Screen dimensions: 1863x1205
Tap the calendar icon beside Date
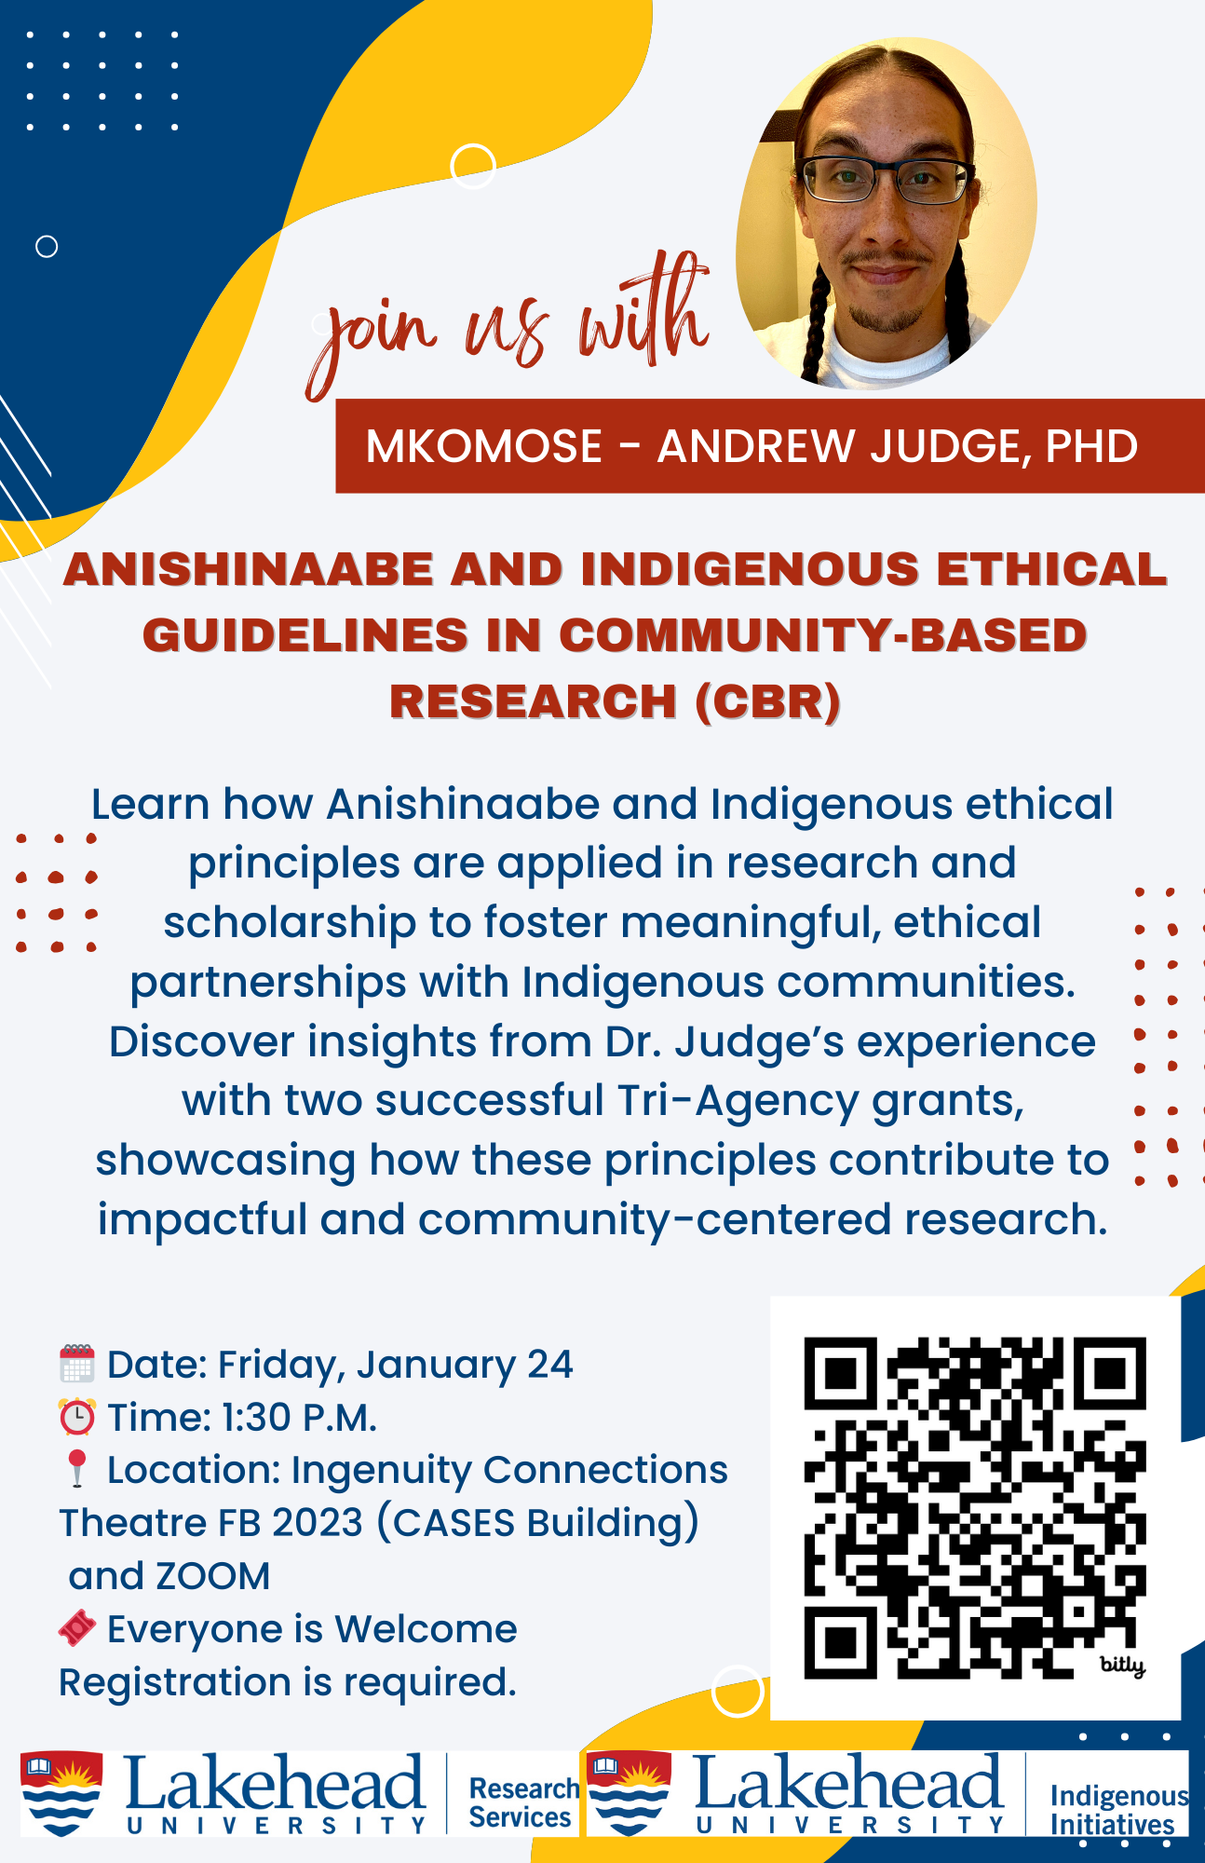click(77, 1364)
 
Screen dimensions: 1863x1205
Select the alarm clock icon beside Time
click(77, 1417)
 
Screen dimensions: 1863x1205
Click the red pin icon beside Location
click(77, 1468)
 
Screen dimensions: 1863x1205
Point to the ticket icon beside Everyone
click(77, 1628)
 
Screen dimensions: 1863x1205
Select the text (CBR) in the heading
click(767, 701)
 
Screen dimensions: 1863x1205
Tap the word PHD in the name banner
click(1091, 446)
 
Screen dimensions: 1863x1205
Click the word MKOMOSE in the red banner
click(484, 446)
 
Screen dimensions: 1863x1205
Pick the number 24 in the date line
click(549, 1365)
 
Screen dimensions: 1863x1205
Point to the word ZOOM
click(213, 1576)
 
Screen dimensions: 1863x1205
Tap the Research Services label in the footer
click(521, 1802)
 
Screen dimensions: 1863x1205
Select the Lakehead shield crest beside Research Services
click(61, 1793)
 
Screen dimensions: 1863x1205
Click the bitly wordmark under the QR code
click(1122, 1665)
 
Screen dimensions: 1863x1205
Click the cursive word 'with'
click(643, 312)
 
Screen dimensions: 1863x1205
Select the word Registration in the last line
click(174, 1682)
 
